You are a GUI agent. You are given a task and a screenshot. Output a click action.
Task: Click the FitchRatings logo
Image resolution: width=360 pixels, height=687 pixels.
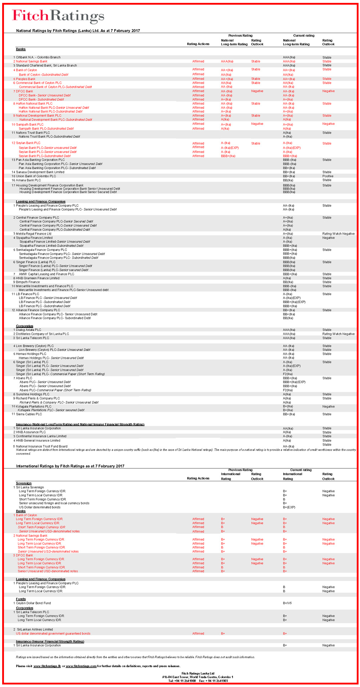[58, 16]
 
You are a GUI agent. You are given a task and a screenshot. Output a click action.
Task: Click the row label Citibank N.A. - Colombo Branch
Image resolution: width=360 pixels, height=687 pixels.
[38, 57]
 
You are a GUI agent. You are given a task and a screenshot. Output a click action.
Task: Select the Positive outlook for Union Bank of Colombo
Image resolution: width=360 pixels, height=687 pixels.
[328, 176]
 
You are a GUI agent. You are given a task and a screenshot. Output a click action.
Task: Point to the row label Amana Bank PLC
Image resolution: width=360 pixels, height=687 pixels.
[28, 180]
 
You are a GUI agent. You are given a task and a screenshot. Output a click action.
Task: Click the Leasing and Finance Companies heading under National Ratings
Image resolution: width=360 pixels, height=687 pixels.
[41, 202]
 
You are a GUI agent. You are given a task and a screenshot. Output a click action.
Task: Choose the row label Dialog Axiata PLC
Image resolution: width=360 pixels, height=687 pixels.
[28, 330]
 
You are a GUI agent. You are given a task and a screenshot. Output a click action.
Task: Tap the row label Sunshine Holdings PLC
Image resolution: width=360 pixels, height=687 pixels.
[32, 394]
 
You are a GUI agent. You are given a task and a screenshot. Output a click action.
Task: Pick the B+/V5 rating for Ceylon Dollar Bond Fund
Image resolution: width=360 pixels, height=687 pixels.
[287, 603]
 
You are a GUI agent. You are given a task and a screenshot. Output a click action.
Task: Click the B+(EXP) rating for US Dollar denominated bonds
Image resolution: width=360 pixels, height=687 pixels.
[289, 507]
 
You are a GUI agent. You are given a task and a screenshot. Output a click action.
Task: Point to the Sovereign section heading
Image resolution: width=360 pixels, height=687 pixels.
[24, 483]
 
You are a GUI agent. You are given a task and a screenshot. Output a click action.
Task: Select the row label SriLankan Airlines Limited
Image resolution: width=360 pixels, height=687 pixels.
[35, 629]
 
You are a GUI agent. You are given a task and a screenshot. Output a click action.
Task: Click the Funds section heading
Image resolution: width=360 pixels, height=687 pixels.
[21, 599]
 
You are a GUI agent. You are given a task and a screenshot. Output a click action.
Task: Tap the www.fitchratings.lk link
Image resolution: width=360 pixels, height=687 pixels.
[47, 666]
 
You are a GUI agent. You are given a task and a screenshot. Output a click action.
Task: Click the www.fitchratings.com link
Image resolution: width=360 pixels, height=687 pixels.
[81, 666]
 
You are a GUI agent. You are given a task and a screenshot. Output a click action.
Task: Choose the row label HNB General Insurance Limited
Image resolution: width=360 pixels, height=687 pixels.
[38, 440]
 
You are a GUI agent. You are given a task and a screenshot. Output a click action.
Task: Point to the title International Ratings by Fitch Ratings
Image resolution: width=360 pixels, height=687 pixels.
[70, 466]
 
